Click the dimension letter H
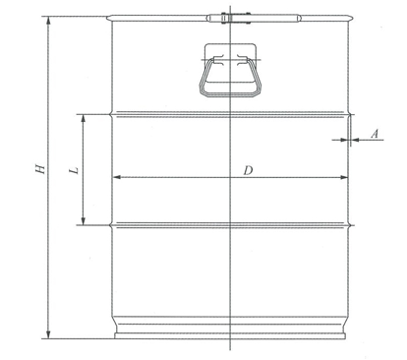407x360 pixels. point(40,168)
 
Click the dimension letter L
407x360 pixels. point(75,170)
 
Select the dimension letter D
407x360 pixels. point(249,170)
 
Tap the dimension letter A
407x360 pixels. point(375,134)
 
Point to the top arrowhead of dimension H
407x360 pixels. point(49,21)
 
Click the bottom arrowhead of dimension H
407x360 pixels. point(48,334)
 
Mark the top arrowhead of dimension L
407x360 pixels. point(84,119)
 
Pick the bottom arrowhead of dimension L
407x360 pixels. point(84,221)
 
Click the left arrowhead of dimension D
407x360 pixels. point(117,177)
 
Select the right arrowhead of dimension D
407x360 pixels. point(343,177)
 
